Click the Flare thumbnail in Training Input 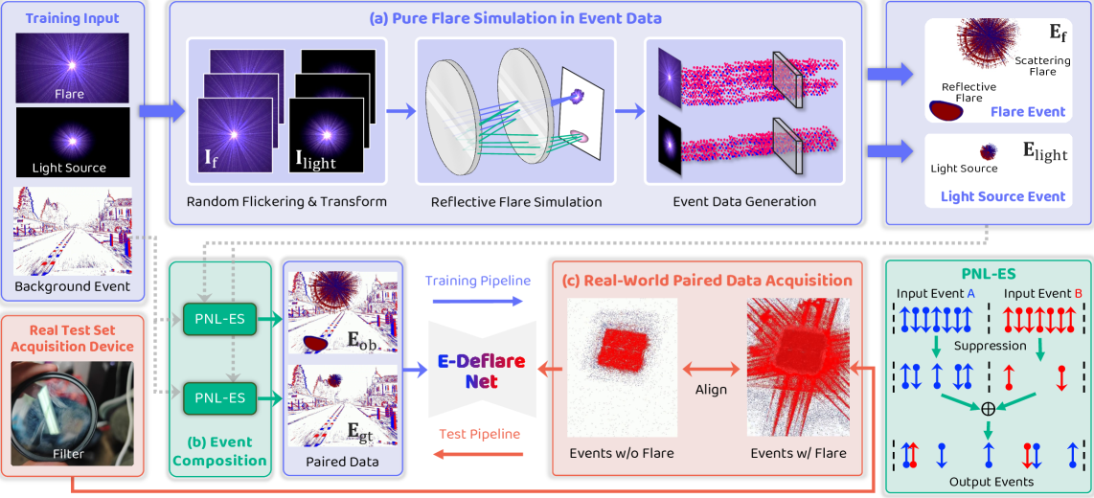click(x=72, y=67)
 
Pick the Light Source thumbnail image click(x=72, y=141)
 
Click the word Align click(x=711, y=390)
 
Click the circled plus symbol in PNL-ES click(x=988, y=408)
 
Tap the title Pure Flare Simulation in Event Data click(x=517, y=18)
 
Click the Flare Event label click(x=1028, y=112)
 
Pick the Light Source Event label click(x=1003, y=196)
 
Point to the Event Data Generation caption click(x=743, y=202)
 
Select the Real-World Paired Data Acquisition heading click(x=706, y=281)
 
